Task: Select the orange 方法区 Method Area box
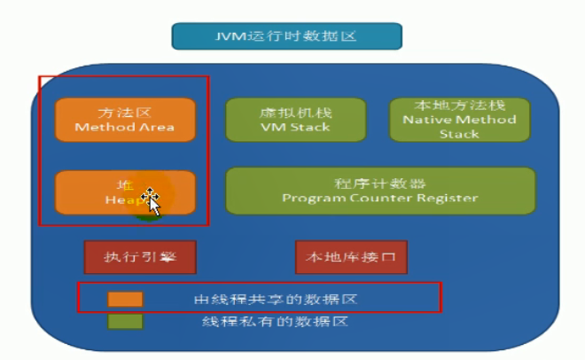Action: tap(124, 120)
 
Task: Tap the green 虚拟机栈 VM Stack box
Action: tap(295, 120)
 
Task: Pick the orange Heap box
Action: tap(124, 192)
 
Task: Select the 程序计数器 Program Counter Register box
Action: tap(380, 191)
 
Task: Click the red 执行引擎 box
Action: tap(139, 257)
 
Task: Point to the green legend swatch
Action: tap(125, 321)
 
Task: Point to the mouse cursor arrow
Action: tap(152, 202)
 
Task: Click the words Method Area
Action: tap(124, 127)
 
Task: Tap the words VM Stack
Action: tap(295, 127)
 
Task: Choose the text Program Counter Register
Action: tap(380, 198)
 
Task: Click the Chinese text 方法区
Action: tap(124, 113)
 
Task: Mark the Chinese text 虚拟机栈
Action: tap(295, 113)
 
